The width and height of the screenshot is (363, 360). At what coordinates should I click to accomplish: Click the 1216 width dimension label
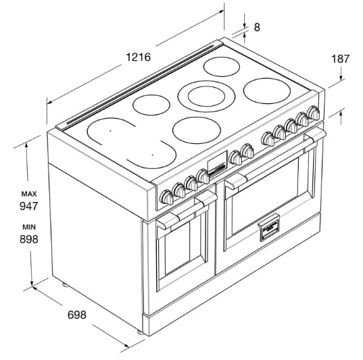pyautogui.click(x=138, y=57)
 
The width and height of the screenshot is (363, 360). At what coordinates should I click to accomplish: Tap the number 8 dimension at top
pyautogui.click(x=257, y=27)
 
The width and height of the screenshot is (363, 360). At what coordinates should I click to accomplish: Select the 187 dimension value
pyautogui.click(x=340, y=59)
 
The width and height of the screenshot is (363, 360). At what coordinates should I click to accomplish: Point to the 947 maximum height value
pyautogui.click(x=28, y=206)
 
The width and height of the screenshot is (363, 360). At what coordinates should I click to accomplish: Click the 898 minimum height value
pyautogui.click(x=28, y=239)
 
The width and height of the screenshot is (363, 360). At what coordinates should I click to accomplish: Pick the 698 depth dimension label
pyautogui.click(x=77, y=315)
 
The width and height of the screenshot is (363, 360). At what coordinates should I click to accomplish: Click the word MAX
pyautogui.click(x=29, y=194)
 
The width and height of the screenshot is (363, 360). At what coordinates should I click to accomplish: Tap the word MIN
pyautogui.click(x=29, y=227)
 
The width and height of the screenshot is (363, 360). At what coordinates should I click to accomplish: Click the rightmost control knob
pyautogui.click(x=314, y=113)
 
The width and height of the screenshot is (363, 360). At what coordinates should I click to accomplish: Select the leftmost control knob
pyautogui.click(x=167, y=197)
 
